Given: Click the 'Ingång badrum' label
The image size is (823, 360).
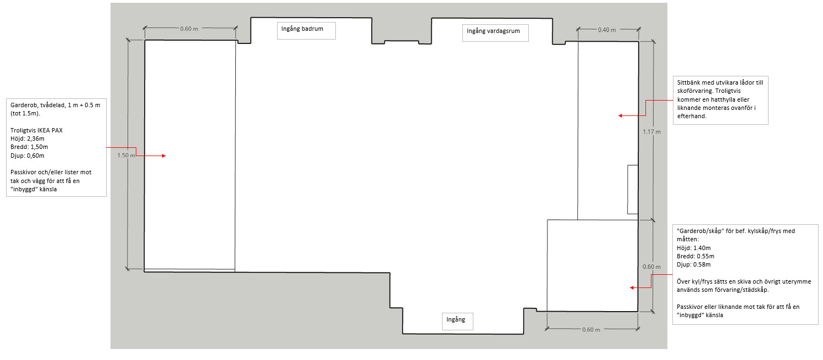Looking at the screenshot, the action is pyautogui.click(x=302, y=29).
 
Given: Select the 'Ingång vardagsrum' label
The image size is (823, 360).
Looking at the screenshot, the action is pyautogui.click(x=493, y=31).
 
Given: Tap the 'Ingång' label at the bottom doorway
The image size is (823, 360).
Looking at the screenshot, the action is pyautogui.click(x=456, y=319).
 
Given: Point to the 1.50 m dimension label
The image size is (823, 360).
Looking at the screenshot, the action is pyautogui.click(x=126, y=156).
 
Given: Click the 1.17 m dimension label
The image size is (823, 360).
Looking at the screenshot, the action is pyautogui.click(x=651, y=131).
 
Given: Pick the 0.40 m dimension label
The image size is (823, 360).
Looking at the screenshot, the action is pyautogui.click(x=606, y=30).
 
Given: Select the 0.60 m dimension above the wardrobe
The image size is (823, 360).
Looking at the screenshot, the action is pyautogui.click(x=189, y=29).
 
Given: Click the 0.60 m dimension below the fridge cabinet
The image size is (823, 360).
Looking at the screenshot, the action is pyautogui.click(x=591, y=330).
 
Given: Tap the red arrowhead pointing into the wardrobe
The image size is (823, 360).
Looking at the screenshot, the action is pyautogui.click(x=163, y=156).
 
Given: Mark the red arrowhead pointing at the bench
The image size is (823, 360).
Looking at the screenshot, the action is pyautogui.click(x=620, y=116).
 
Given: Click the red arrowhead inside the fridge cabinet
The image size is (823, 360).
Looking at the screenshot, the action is pyautogui.click(x=632, y=287).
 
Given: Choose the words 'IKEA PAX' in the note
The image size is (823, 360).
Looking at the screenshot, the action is pyautogui.click(x=49, y=130).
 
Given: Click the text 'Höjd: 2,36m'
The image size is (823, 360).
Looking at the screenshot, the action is pyautogui.click(x=27, y=139).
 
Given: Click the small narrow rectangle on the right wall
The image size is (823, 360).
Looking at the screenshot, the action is pyautogui.click(x=632, y=190).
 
